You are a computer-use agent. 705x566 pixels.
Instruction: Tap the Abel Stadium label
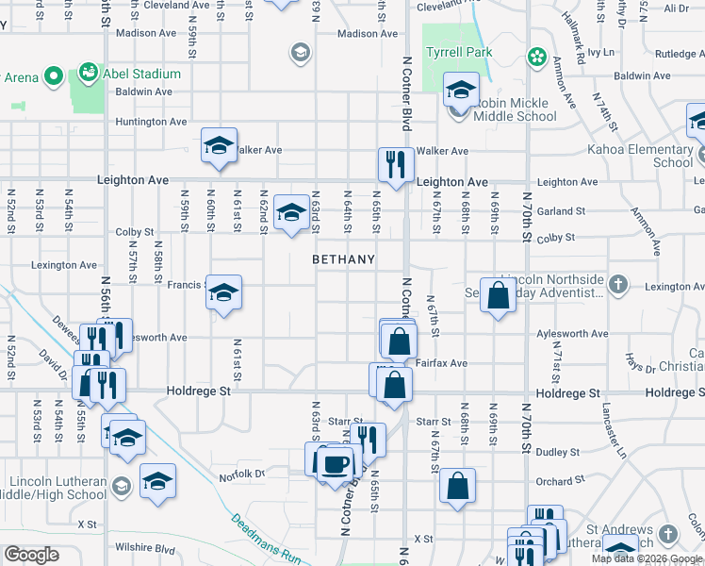coord(142,74)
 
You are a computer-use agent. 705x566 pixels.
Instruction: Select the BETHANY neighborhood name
coord(344,259)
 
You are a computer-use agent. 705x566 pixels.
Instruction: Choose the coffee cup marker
coord(336,463)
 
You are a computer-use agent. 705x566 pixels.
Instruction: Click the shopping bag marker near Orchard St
coord(457,487)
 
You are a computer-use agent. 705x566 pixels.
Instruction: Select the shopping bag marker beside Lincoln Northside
coord(497,295)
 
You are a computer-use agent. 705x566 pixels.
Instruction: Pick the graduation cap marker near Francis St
coord(222,293)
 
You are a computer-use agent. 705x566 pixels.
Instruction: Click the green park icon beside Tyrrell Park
coord(537,57)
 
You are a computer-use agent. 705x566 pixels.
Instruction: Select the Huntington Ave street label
coord(151,122)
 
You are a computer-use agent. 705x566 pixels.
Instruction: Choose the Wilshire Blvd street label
coord(141,547)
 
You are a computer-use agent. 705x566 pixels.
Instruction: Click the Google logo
coord(31,555)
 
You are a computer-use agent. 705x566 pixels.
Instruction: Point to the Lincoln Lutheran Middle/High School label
coord(57,487)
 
